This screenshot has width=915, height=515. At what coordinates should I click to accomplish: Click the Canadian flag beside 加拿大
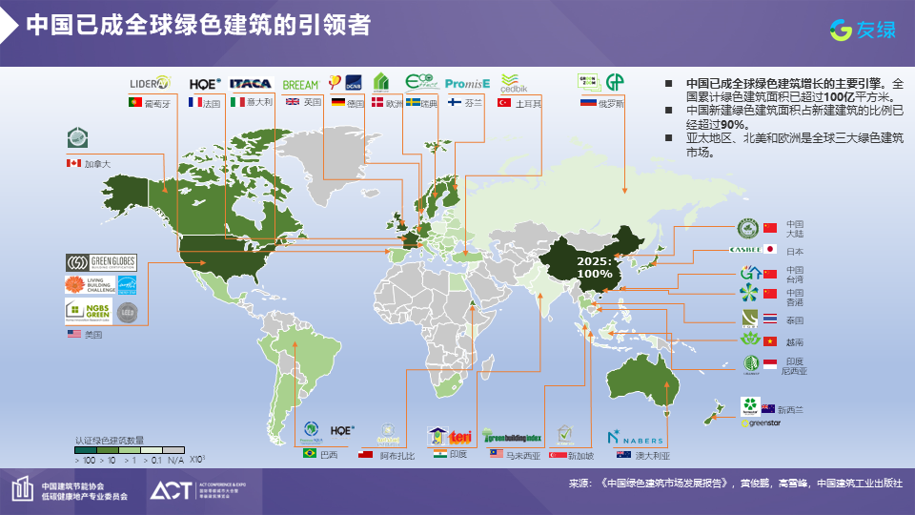[73, 164]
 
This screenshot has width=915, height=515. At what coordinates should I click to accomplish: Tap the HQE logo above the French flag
[205, 84]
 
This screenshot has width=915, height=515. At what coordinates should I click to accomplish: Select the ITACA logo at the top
[251, 84]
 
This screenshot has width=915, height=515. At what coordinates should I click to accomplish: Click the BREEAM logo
[301, 85]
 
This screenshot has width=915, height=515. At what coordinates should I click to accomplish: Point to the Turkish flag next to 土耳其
[504, 103]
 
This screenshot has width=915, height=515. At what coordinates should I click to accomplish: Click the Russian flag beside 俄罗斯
[588, 103]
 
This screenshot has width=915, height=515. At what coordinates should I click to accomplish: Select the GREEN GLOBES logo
[101, 262]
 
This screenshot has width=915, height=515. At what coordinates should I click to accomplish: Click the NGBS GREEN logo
[88, 311]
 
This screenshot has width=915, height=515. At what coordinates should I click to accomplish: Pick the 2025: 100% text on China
[595, 267]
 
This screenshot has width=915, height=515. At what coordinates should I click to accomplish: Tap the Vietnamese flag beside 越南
[770, 340]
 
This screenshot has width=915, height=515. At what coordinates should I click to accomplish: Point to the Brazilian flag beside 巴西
[310, 454]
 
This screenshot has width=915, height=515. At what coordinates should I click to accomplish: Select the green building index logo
[512, 436]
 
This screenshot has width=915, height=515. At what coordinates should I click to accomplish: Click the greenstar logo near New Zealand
[762, 422]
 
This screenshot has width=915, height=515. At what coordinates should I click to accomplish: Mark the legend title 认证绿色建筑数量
[110, 441]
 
